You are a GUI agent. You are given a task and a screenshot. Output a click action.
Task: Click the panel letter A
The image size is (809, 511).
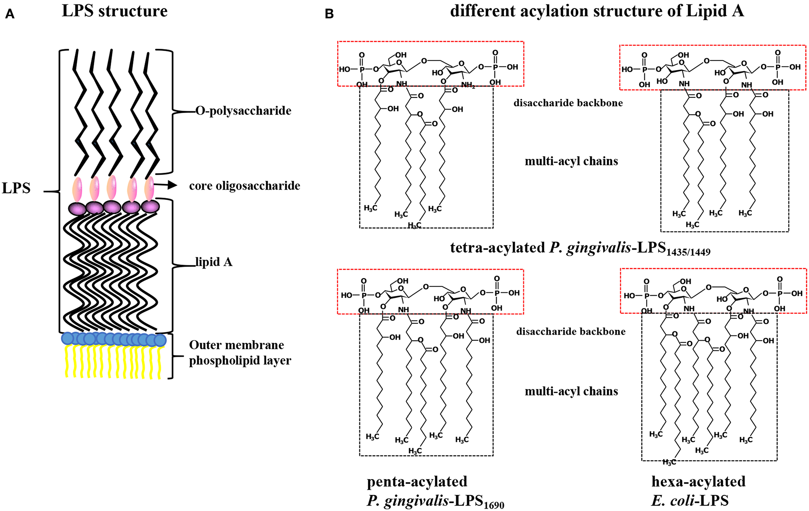click(x=10, y=14)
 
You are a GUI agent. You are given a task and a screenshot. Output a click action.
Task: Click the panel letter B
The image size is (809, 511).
click(x=329, y=14)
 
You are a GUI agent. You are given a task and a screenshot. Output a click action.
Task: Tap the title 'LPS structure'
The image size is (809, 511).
click(x=114, y=11)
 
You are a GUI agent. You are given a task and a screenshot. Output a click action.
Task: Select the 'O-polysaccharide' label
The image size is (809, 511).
click(x=243, y=110)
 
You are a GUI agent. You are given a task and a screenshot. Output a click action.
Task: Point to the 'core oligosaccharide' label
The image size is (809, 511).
click(x=245, y=186)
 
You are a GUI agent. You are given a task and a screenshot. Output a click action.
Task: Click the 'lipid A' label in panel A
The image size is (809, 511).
click(x=214, y=262)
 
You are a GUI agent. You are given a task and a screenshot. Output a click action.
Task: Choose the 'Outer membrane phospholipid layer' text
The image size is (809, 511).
click(x=240, y=353)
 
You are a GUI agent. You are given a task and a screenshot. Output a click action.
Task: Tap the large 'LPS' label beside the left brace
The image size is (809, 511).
click(x=16, y=188)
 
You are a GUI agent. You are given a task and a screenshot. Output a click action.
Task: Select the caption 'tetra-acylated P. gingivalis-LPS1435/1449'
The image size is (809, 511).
click(x=580, y=248)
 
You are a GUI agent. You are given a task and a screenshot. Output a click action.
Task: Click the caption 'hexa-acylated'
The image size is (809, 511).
click(x=698, y=481)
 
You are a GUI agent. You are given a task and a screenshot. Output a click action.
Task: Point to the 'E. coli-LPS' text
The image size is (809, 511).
click(x=690, y=501)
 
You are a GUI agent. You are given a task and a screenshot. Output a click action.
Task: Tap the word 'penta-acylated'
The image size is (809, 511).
click(x=417, y=481)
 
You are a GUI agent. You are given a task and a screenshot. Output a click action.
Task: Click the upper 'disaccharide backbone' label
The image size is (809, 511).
click(x=568, y=103)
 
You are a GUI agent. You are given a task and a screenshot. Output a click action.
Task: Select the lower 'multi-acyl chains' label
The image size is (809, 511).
click(x=571, y=391)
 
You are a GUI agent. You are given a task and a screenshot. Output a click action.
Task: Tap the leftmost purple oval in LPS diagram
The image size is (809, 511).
click(x=77, y=209)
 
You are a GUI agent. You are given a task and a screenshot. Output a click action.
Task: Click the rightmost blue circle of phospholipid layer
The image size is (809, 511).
click(x=160, y=340)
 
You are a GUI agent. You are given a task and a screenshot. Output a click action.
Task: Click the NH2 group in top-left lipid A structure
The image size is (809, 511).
click(x=468, y=85)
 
